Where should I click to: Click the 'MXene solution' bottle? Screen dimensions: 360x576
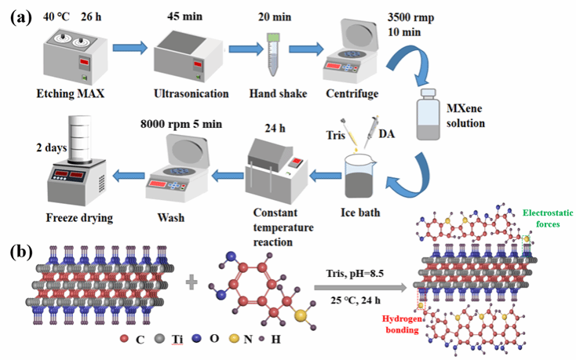[x=429, y=115]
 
